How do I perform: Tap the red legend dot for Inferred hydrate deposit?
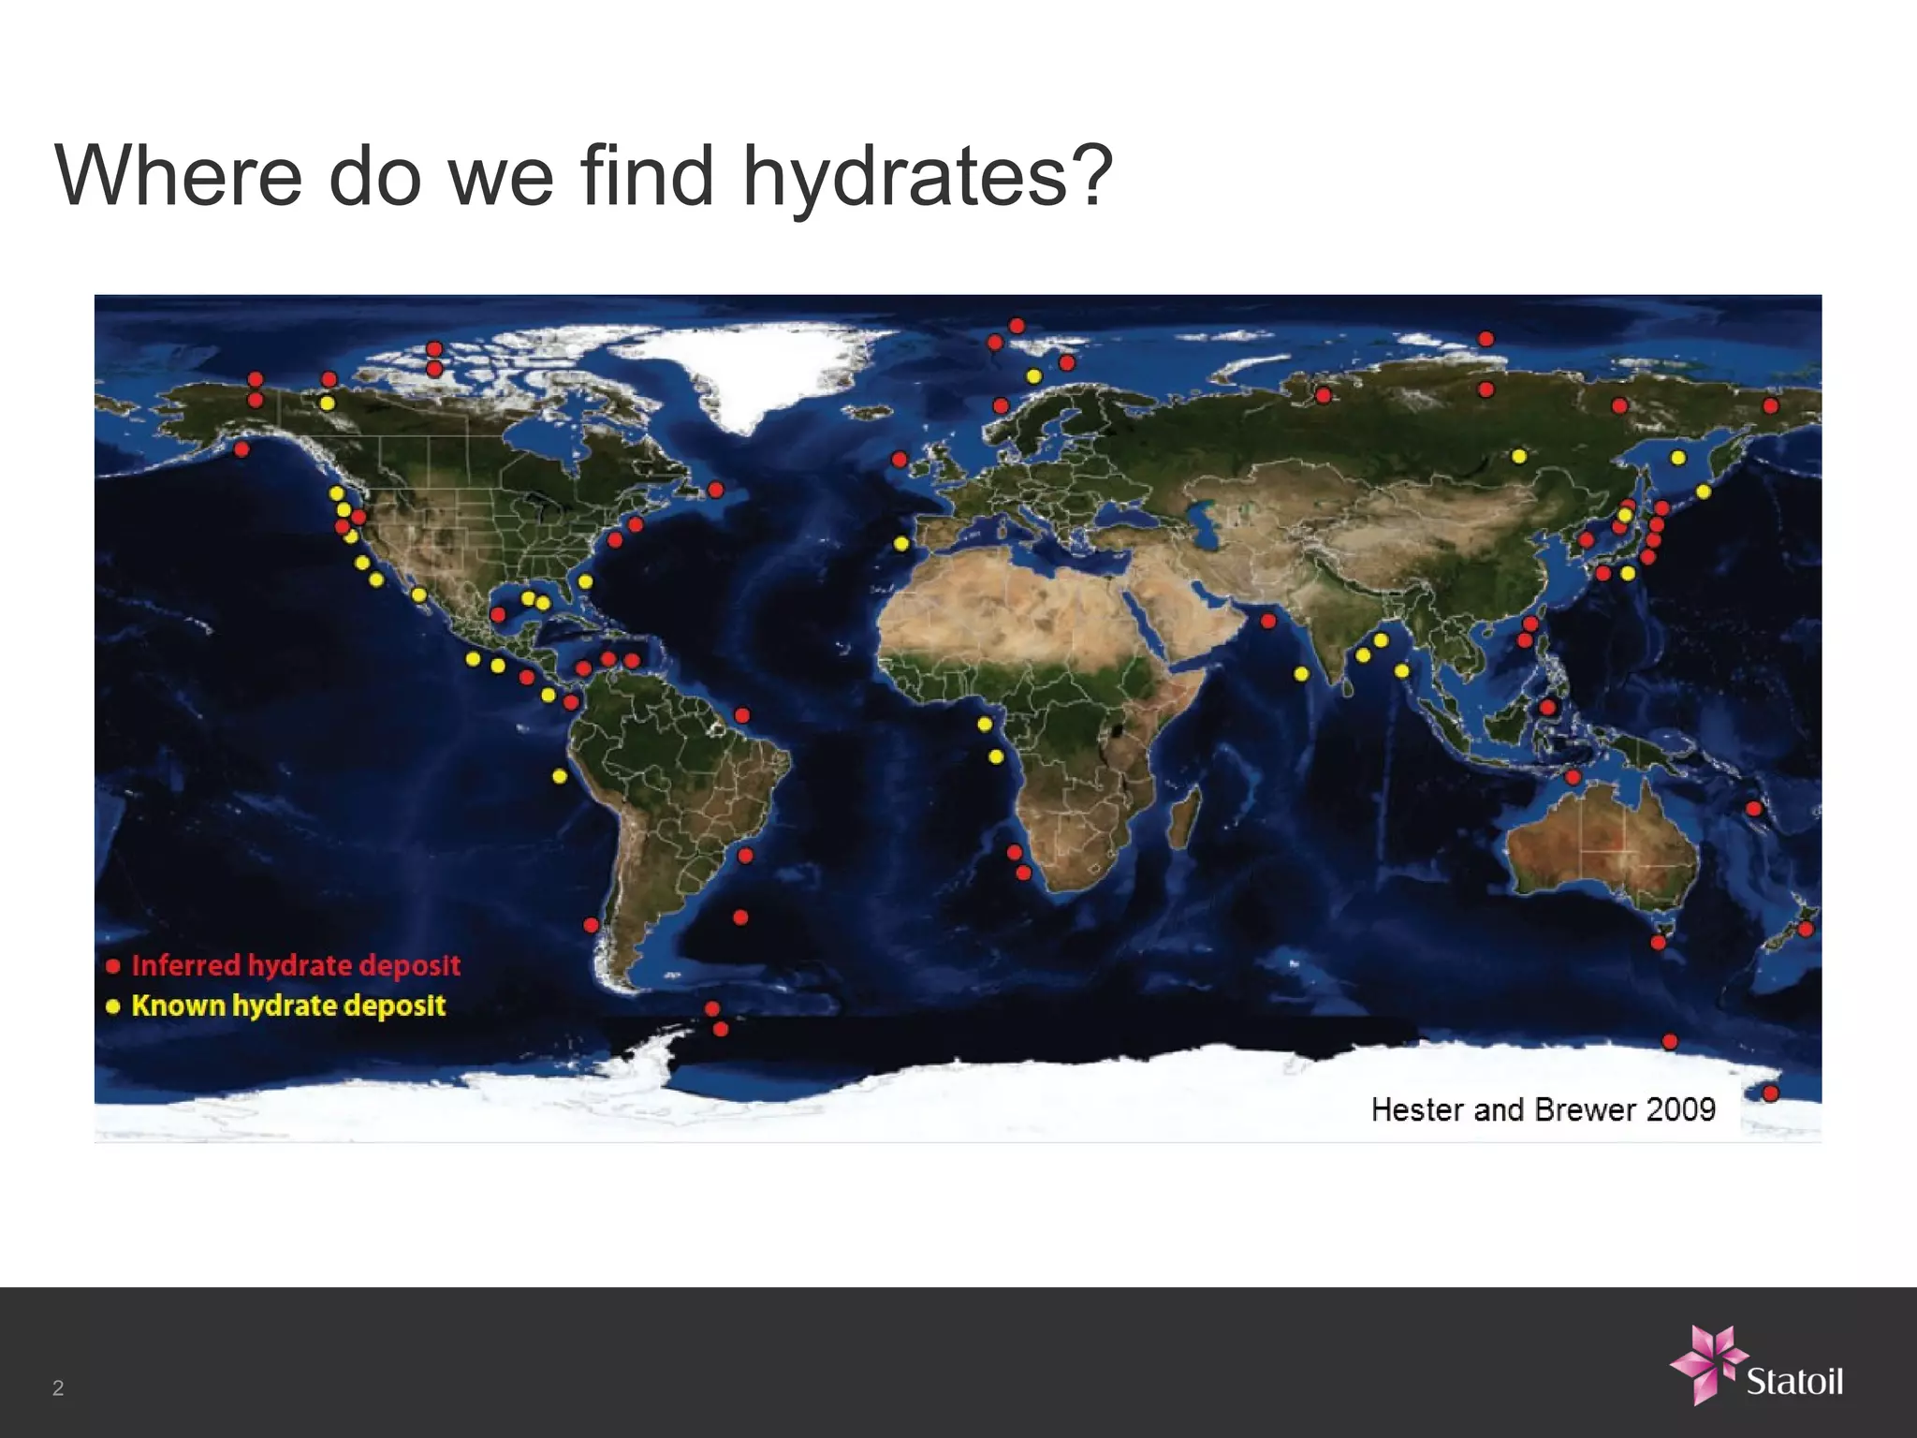113,966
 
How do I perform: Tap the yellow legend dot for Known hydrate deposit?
113,1006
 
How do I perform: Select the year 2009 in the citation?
1680,1109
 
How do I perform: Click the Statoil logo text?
1794,1382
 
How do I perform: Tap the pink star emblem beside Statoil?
1708,1363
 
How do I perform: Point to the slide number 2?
58,1387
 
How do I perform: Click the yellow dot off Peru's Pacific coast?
560,776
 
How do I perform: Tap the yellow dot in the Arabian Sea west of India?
1301,673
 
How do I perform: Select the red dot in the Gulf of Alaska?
241,449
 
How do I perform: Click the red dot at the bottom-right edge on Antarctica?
1770,1093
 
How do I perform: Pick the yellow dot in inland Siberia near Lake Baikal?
1519,456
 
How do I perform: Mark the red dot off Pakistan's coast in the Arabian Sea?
1268,621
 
